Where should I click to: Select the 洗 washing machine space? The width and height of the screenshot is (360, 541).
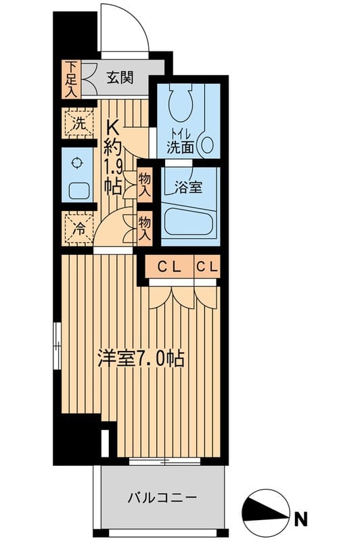tap(78, 124)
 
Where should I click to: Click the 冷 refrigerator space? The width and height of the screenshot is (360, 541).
tap(78, 228)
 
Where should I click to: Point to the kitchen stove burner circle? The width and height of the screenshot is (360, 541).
tap(76, 162)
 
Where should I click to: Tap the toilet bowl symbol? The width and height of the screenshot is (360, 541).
tap(181, 101)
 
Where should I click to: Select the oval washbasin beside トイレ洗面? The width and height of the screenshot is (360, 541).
tap(208, 145)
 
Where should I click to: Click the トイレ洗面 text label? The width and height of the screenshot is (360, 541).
tap(181, 139)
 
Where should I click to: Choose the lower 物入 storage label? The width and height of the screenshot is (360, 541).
tap(144, 228)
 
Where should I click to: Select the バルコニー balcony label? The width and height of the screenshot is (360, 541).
tap(162, 498)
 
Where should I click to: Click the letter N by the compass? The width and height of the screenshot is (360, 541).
tap(300, 519)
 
